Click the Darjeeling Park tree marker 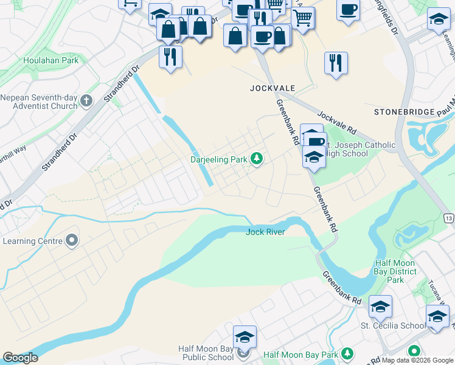pyautogui.click(x=257, y=159)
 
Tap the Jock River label pyautogui.click(x=266, y=232)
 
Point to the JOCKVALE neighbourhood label pyautogui.click(x=268, y=88)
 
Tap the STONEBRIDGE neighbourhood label pyautogui.click(x=405, y=112)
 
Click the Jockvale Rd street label pyautogui.click(x=336, y=122)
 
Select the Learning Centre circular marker pyautogui.click(x=72, y=241)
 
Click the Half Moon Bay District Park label pyautogui.click(x=395, y=271)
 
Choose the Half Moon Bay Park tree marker pyautogui.click(x=347, y=353)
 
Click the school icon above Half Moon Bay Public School pyautogui.click(x=245, y=337)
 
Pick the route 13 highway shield pyautogui.click(x=449, y=218)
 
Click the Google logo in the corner pyautogui.click(x=20, y=358)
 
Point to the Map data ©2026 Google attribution pyautogui.click(x=417, y=360)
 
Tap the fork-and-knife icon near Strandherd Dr pyautogui.click(x=170, y=57)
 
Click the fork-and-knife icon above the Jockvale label pyautogui.click(x=336, y=62)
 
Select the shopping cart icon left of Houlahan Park pyautogui.click(x=130, y=4)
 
